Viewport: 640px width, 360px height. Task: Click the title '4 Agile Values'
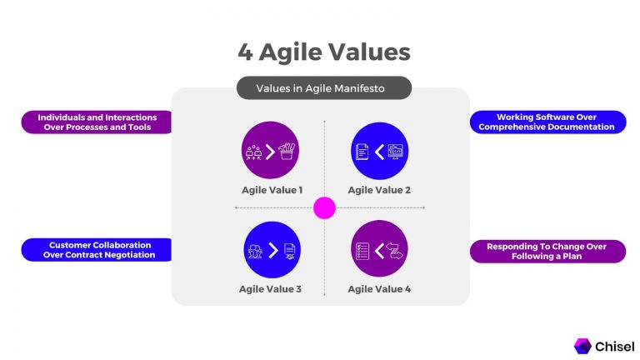tap(323, 52)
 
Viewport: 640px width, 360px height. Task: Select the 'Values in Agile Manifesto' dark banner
tap(323, 87)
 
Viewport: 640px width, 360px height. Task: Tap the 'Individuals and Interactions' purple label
tap(97, 122)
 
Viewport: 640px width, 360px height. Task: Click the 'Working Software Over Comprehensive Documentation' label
tap(548, 122)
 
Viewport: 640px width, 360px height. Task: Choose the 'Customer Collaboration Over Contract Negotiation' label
tap(97, 250)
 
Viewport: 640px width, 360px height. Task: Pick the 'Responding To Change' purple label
tap(548, 252)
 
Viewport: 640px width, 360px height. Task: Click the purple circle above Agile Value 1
tap(270, 151)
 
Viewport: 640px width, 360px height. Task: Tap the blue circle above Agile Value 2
tap(379, 151)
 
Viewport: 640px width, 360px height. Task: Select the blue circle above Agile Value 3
tap(270, 249)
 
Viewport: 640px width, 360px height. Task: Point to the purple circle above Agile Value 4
tap(379, 249)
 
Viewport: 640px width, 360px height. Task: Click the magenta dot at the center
tap(324, 207)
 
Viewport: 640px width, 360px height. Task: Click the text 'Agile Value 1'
tap(270, 190)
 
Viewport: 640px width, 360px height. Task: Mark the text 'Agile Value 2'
tap(379, 190)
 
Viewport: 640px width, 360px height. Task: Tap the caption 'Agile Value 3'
tap(270, 289)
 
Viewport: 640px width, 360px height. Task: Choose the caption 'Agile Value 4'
tap(379, 289)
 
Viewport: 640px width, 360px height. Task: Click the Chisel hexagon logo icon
tap(582, 345)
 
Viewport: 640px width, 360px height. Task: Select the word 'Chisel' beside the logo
tap(615, 345)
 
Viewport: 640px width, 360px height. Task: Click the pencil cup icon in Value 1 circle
tap(287, 151)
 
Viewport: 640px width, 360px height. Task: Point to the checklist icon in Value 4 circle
tap(362, 250)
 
